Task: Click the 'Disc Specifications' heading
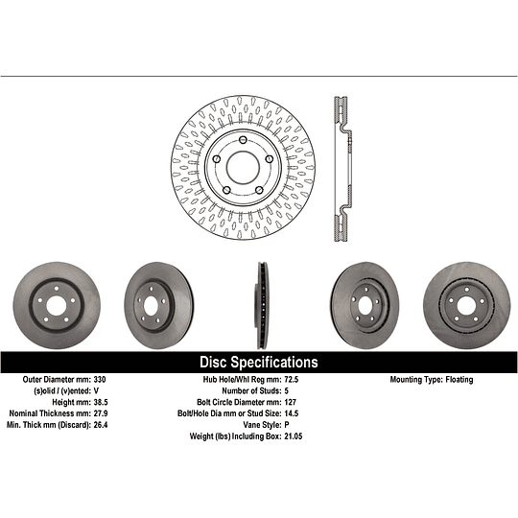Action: point(258,363)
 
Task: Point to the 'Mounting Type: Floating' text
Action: point(431,380)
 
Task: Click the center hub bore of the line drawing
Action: point(243,165)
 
